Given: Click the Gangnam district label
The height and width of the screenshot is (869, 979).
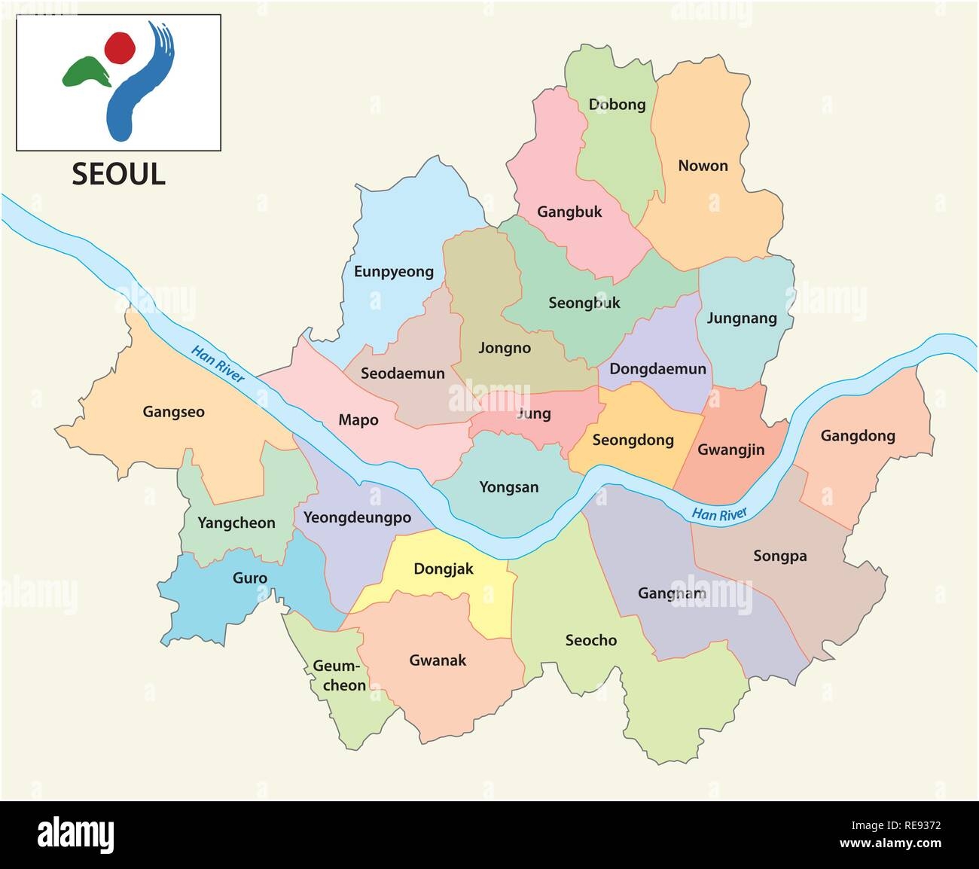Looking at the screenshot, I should [x=672, y=593].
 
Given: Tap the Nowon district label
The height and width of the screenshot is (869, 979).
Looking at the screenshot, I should [x=703, y=166].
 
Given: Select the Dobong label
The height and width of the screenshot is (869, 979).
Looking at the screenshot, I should [x=617, y=105].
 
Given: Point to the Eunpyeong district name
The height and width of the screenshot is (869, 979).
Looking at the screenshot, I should [x=394, y=271].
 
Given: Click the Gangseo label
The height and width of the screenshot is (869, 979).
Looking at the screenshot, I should [x=173, y=412].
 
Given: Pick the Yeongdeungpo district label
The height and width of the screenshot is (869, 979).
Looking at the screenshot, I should [x=357, y=517].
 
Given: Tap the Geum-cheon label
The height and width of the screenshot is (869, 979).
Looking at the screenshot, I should [x=339, y=676].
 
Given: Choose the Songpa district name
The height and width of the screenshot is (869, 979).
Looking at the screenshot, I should [x=779, y=556].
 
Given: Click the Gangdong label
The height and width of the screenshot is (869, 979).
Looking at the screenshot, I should [x=858, y=436].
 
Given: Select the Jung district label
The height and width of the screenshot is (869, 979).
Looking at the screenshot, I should [x=534, y=413].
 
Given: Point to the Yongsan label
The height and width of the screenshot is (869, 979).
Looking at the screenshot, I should [x=509, y=487].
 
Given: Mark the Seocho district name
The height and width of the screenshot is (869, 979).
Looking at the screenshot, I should [x=590, y=640].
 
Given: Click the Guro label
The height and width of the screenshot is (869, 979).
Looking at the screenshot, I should [x=249, y=578].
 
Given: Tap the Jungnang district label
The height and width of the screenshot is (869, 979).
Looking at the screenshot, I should [x=741, y=319].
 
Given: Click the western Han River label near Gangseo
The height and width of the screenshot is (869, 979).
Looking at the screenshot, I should [x=218, y=364].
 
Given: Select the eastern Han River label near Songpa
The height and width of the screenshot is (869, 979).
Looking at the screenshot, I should [x=719, y=514].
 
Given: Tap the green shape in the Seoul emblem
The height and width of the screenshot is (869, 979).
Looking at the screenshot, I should [x=84, y=72].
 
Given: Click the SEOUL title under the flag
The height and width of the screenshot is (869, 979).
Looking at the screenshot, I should [x=118, y=174].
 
